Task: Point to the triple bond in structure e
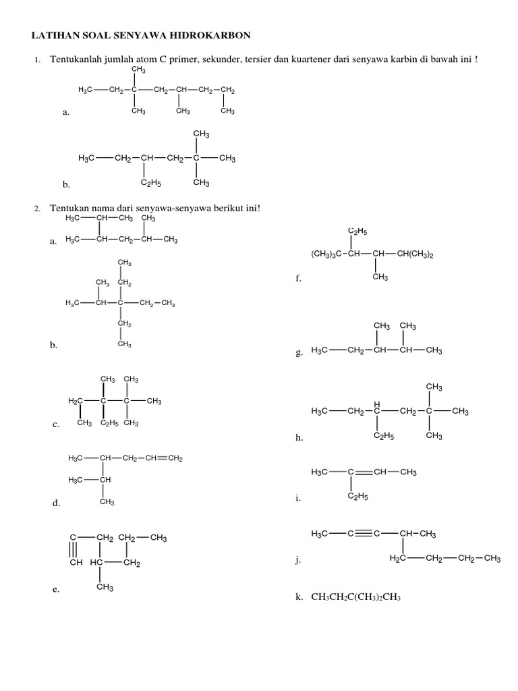[x=72, y=551]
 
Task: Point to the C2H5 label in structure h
[x=383, y=436]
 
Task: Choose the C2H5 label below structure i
[x=357, y=497]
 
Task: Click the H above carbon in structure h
[x=377, y=404]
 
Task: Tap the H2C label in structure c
[x=75, y=402]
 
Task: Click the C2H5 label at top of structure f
[x=357, y=231]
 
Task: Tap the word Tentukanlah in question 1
[x=73, y=61]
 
